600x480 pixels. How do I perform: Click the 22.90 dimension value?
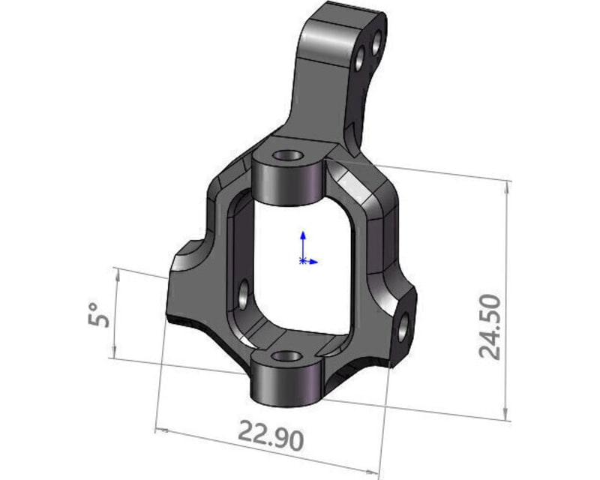(271, 435)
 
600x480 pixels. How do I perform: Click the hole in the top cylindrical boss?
(286, 157)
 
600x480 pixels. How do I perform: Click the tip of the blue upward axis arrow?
(302, 233)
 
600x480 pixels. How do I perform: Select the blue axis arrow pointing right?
(315, 262)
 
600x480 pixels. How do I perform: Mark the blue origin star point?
(302, 261)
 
